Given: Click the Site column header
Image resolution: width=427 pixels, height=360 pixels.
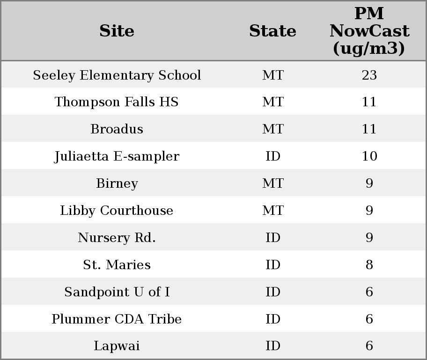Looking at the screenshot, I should [117, 31].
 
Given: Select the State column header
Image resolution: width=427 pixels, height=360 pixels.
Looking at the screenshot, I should [272, 31].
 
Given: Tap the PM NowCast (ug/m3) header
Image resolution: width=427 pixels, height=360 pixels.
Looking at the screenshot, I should [369, 31].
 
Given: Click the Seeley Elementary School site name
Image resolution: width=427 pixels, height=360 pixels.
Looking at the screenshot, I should [117, 75].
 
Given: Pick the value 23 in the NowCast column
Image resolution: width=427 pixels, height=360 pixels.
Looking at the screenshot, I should [369, 75].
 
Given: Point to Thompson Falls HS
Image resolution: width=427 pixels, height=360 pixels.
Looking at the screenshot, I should [117, 102].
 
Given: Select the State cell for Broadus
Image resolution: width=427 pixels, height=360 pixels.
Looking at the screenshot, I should [272, 129].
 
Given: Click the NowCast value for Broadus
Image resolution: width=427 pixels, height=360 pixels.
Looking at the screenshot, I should [369, 129].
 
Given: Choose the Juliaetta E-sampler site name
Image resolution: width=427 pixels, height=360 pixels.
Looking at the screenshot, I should [117, 156].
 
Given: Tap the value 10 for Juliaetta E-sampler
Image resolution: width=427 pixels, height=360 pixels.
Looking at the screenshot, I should [369, 156].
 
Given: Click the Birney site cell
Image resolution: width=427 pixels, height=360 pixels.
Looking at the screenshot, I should [117, 184].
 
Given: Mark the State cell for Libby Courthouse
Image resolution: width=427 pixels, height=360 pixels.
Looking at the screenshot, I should [272, 211].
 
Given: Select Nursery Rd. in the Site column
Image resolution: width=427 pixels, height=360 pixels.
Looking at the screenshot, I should [117, 238].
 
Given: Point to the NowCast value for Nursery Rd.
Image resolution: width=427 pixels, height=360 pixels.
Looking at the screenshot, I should [369, 238].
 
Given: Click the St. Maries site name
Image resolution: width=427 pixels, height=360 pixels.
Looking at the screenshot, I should [117, 265].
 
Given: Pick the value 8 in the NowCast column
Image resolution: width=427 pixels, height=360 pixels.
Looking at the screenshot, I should [369, 265].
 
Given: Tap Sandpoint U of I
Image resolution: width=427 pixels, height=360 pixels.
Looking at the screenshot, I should [117, 292].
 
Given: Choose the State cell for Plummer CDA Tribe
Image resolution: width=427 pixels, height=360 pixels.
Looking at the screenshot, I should [272, 319].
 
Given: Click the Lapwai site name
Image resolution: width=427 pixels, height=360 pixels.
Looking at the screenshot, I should [117, 346].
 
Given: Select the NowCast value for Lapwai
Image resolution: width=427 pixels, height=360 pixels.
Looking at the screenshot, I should [369, 346].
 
